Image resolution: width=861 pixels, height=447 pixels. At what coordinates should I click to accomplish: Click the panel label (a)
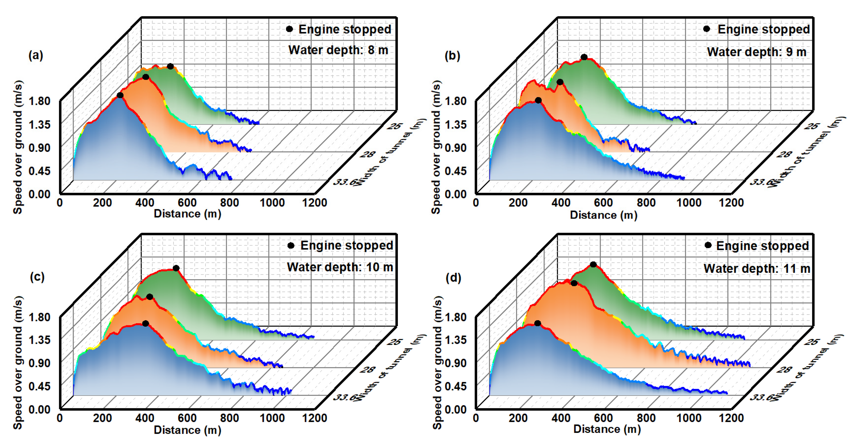pyautogui.click(x=36, y=55)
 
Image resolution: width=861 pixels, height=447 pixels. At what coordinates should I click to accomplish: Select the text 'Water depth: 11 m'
pyautogui.click(x=756, y=268)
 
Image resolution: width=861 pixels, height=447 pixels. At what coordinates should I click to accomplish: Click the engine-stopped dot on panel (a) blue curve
pyautogui.click(x=120, y=96)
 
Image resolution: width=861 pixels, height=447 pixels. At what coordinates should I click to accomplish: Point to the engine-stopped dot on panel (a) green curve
pyautogui.click(x=171, y=67)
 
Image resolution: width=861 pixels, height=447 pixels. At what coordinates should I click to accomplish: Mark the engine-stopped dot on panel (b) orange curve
pyautogui.click(x=560, y=82)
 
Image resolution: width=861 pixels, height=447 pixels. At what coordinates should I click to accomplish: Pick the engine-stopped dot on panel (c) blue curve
pyautogui.click(x=145, y=323)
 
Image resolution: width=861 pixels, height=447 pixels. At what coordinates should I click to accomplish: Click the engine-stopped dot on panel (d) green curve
pyautogui.click(x=593, y=265)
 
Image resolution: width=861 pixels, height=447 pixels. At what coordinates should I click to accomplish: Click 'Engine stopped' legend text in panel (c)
pyautogui.click(x=347, y=246)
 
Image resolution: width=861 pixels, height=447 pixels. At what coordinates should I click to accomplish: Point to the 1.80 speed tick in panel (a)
pyautogui.click(x=39, y=101)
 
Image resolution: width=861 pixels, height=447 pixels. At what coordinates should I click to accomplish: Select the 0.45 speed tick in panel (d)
pyautogui.click(x=456, y=386)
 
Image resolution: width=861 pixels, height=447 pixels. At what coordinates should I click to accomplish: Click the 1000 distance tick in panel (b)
pyautogui.click(x=689, y=203)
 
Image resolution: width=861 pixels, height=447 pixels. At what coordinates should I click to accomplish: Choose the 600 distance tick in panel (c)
pyautogui.click(x=187, y=418)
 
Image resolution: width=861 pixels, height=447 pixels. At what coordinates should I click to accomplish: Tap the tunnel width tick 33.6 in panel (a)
pyautogui.click(x=344, y=182)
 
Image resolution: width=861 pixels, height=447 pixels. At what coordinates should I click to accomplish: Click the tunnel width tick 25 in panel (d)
pyautogui.click(x=812, y=342)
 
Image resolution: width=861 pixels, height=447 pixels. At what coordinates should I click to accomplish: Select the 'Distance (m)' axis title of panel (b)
pyautogui.click(x=603, y=215)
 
